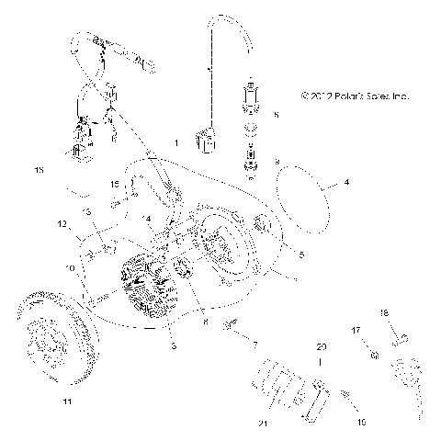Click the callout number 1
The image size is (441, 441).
[177, 143]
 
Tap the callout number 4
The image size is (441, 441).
[346, 183]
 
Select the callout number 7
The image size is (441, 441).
[257, 343]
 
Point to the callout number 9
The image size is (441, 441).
[276, 161]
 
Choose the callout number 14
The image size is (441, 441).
[147, 218]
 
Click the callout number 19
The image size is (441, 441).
[361, 398]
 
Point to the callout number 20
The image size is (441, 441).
[295, 348]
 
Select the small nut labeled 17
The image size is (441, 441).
[374, 355]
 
